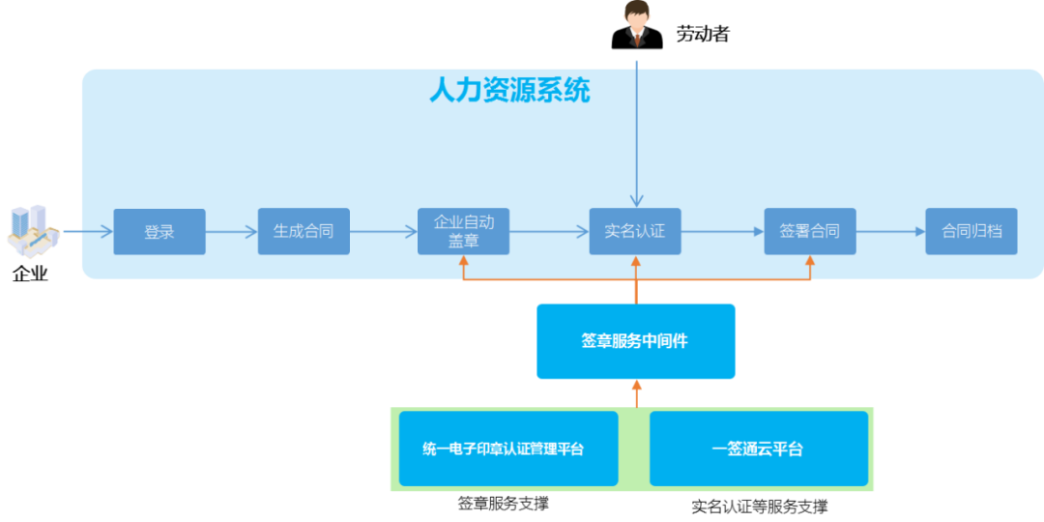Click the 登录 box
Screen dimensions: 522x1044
click(x=159, y=232)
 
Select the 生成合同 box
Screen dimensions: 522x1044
click(x=304, y=232)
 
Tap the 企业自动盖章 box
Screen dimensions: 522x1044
click(x=463, y=232)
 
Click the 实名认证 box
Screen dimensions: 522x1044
click(x=635, y=232)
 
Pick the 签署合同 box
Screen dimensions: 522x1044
click(x=809, y=232)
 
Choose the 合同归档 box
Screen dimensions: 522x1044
click(x=971, y=232)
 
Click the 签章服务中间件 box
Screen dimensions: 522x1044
click(x=635, y=341)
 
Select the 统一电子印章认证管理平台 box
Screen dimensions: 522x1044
click(x=507, y=449)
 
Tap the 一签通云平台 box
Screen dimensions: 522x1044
click(x=758, y=449)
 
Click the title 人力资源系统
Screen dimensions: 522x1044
click(x=509, y=91)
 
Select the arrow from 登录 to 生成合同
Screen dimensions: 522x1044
click(x=231, y=232)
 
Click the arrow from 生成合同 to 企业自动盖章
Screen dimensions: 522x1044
click(x=383, y=232)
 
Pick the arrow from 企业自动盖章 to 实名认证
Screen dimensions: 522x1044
click(x=549, y=232)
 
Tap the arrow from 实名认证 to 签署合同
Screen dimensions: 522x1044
click(x=722, y=232)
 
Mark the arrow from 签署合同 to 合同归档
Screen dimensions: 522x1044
click(x=890, y=232)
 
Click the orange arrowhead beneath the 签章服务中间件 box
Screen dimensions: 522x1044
click(x=636, y=386)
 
